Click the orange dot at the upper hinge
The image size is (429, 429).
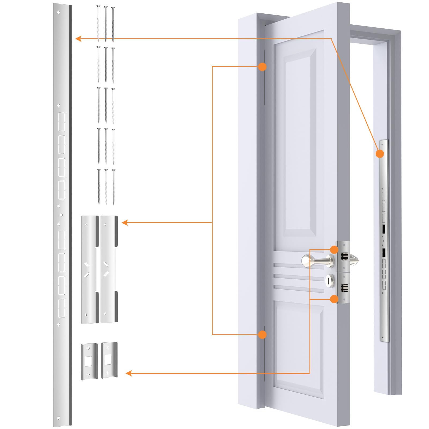262,66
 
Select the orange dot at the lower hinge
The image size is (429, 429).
262,334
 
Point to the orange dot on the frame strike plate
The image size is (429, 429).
380,154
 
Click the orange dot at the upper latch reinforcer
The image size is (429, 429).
334,250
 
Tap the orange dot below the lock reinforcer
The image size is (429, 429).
334,299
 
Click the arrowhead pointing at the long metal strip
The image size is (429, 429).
78,39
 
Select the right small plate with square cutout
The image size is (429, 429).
109,360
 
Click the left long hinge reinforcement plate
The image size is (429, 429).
90,269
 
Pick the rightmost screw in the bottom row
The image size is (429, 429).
113,187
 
